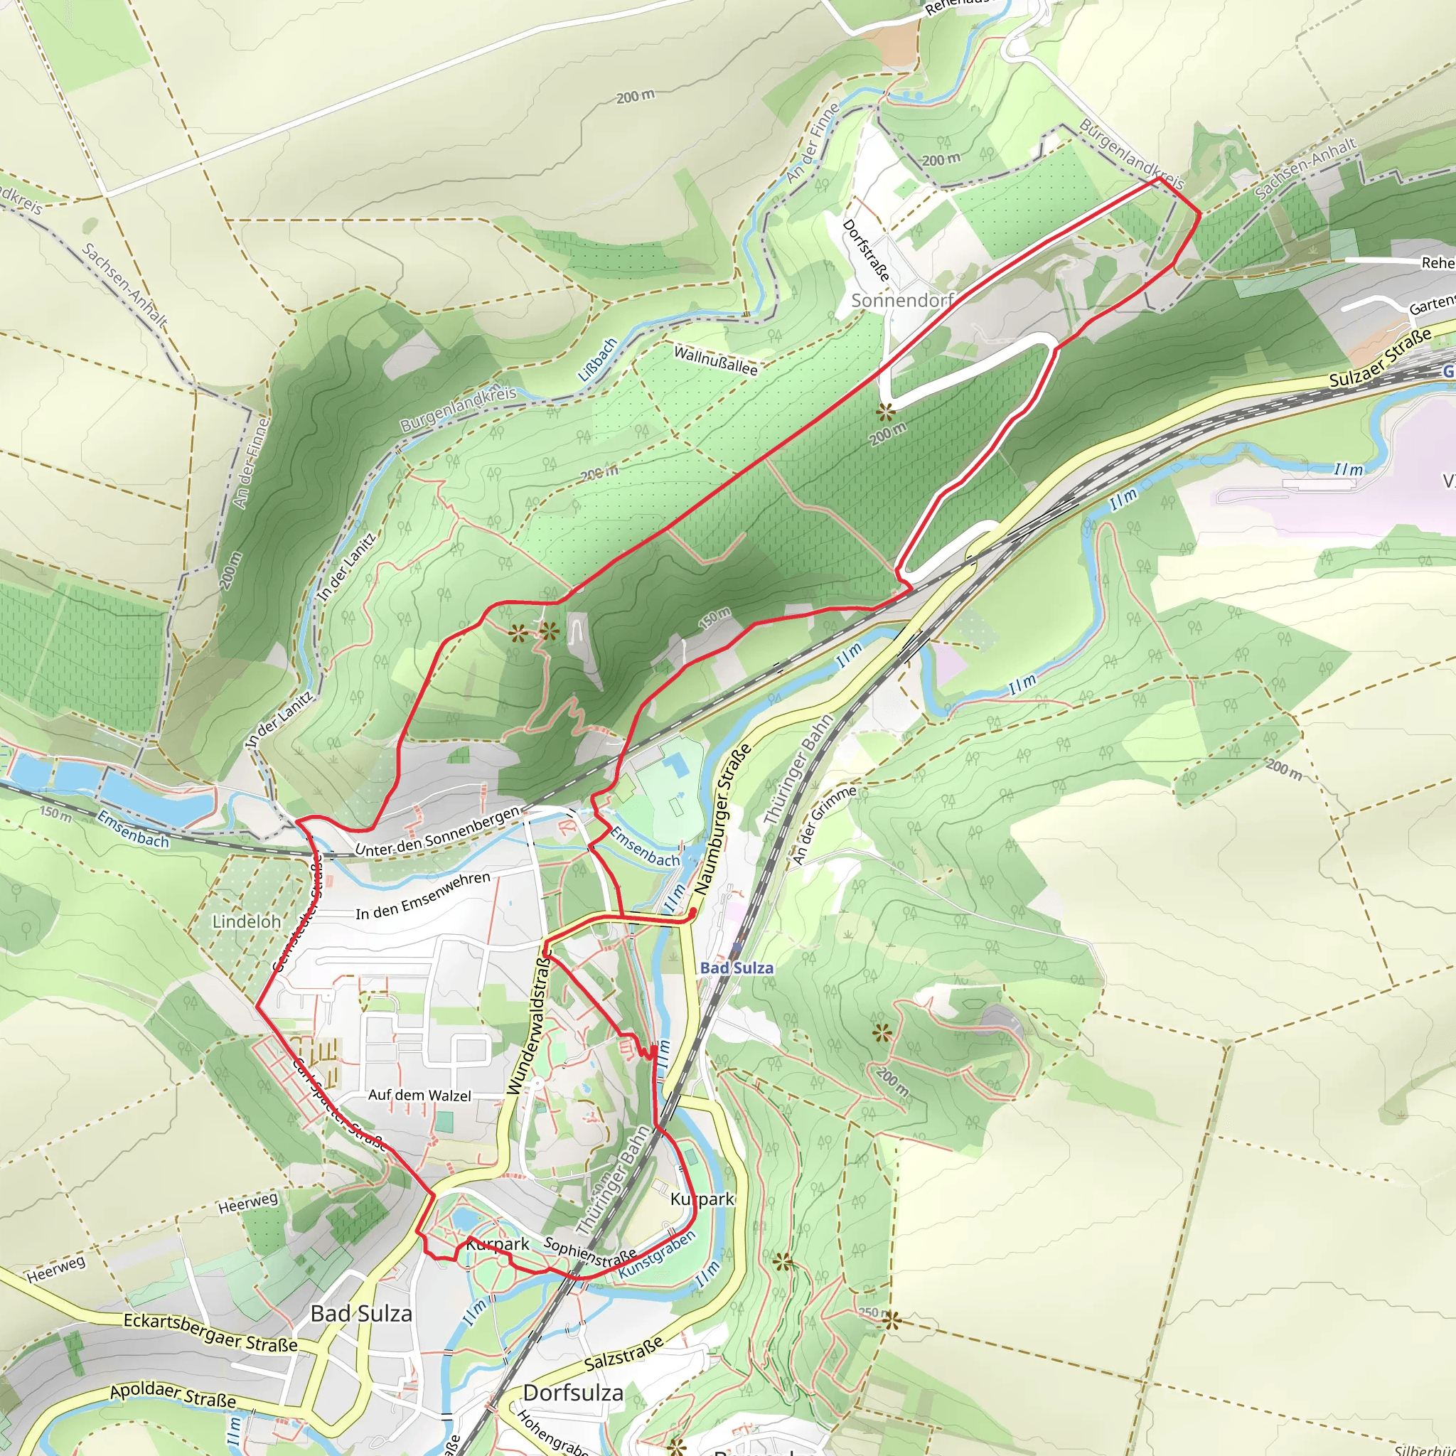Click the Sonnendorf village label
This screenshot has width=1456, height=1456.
[902, 300]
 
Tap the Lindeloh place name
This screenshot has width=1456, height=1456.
[247, 921]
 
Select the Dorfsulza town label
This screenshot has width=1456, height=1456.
[573, 1393]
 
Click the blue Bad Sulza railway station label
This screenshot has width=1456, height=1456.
[737, 968]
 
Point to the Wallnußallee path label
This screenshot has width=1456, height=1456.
[715, 360]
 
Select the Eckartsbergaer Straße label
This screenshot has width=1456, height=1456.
[210, 1332]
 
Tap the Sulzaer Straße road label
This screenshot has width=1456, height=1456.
[1379, 360]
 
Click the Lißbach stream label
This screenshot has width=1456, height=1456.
[598, 359]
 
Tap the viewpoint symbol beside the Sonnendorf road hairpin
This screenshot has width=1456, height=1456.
[884, 412]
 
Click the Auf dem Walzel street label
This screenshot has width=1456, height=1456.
[419, 1095]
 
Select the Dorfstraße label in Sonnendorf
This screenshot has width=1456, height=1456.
[867, 250]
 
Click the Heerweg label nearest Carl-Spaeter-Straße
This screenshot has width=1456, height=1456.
[248, 1203]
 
